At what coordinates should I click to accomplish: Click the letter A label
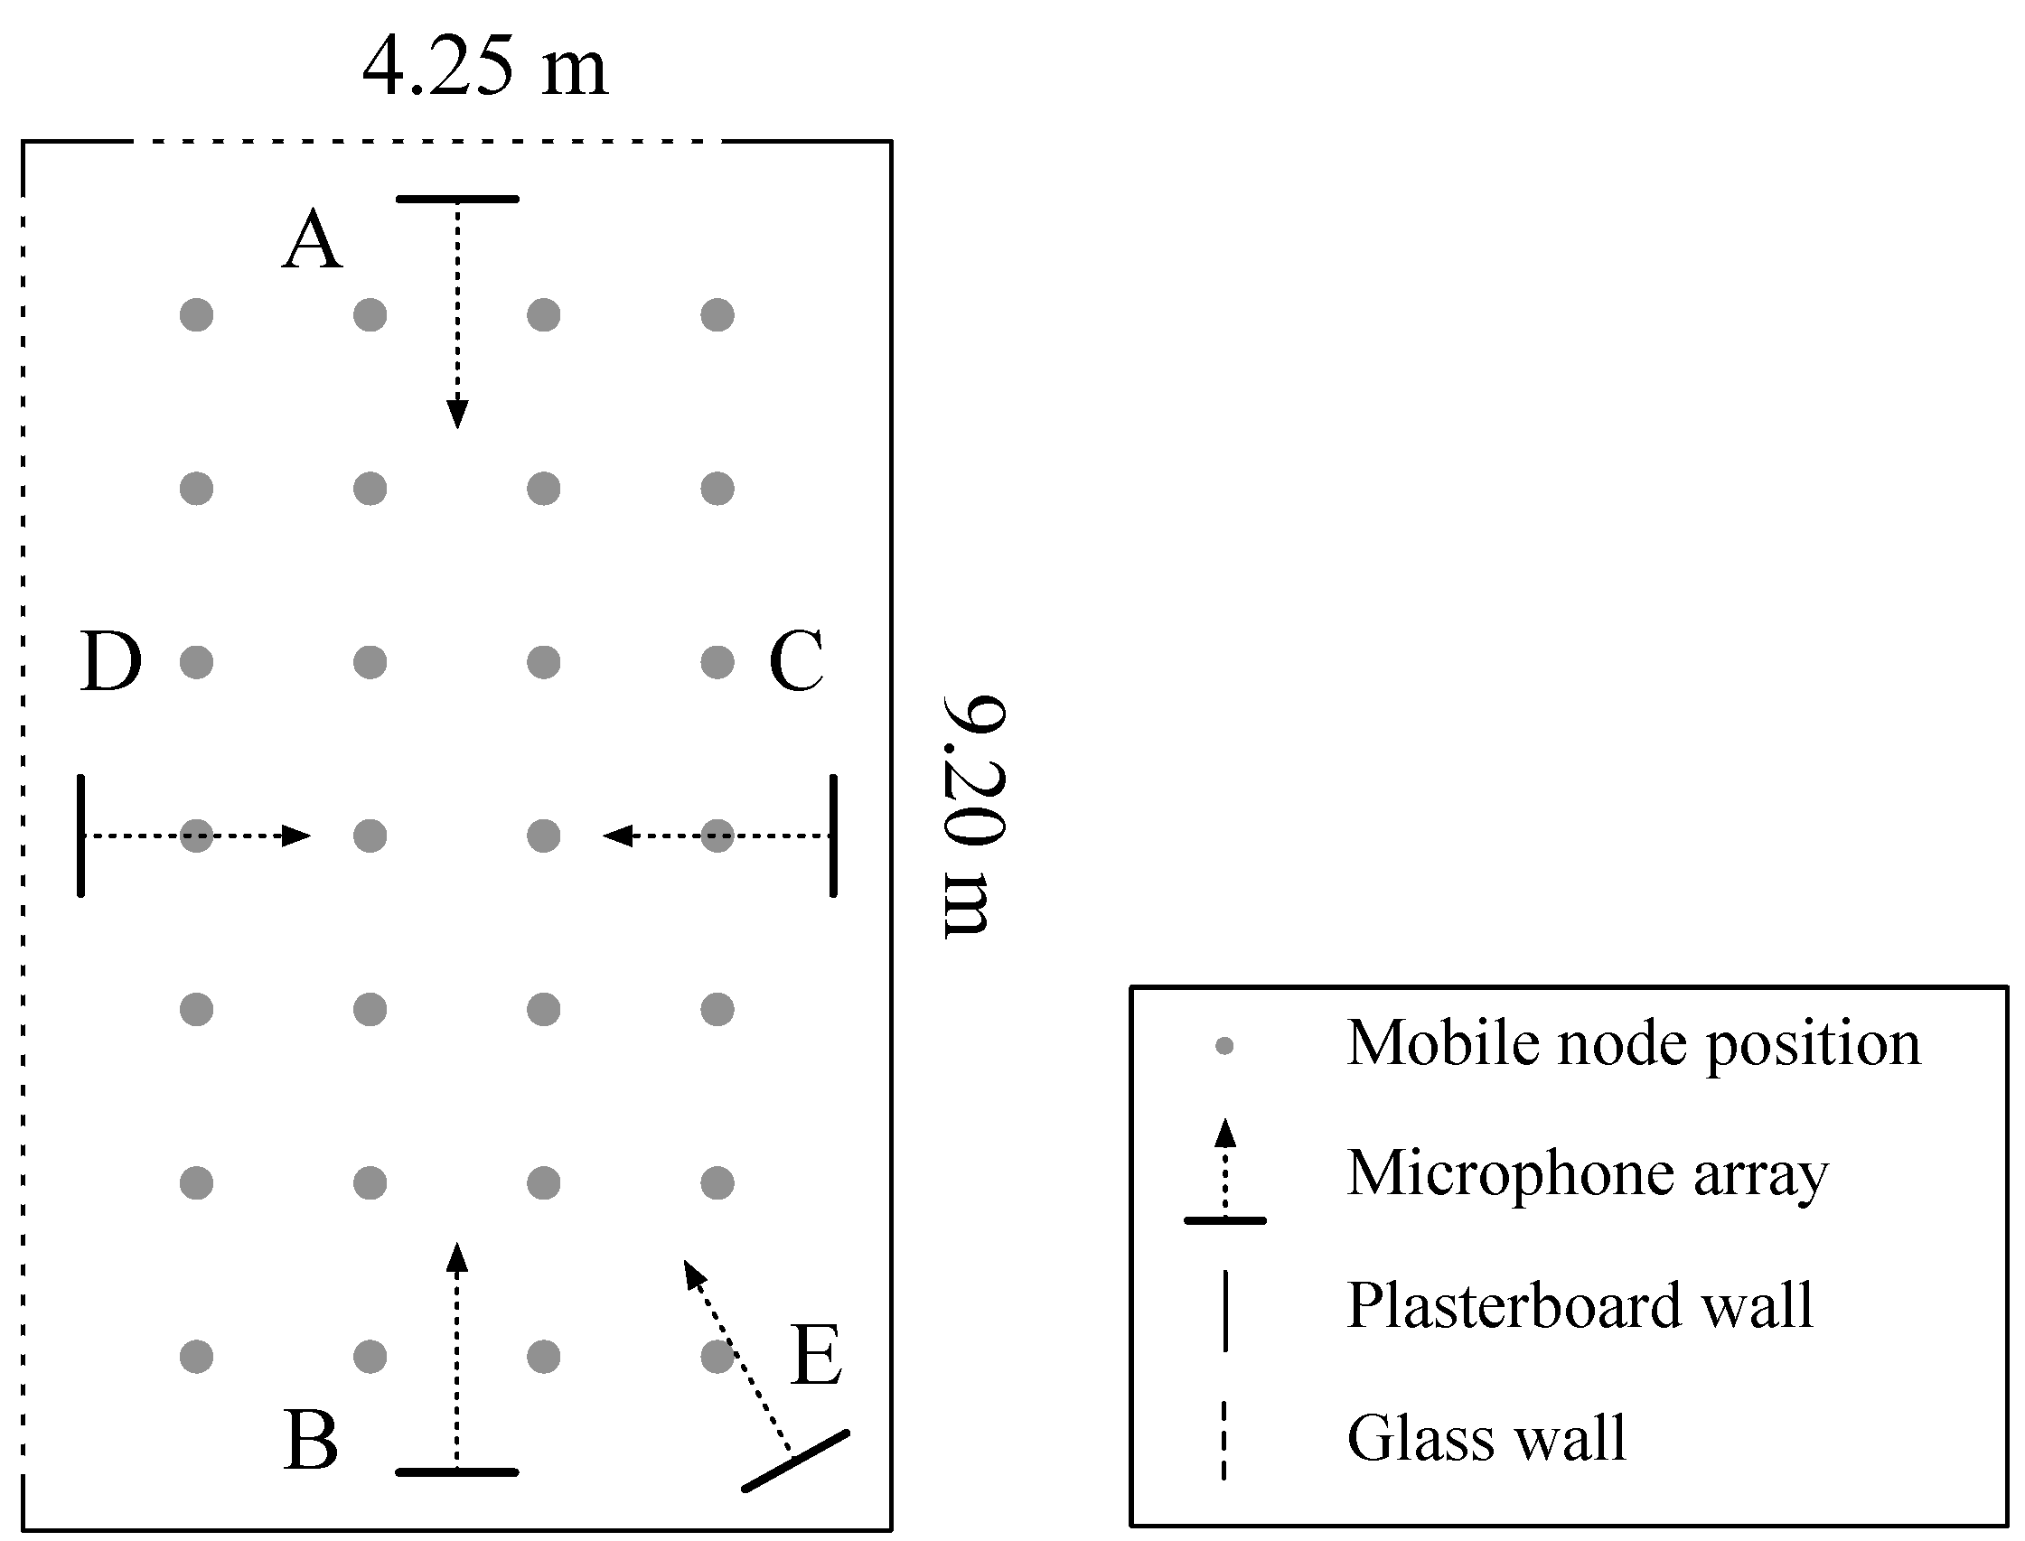(x=312, y=240)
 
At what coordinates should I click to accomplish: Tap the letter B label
(x=311, y=1440)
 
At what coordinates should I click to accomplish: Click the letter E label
(x=817, y=1355)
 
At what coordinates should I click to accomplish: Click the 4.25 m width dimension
(x=484, y=68)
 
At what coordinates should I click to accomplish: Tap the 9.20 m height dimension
(x=974, y=817)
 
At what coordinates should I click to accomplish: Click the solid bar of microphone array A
(x=457, y=199)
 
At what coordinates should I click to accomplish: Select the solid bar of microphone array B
(x=457, y=1472)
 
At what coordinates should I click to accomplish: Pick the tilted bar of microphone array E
(x=795, y=1462)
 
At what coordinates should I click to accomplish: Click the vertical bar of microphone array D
(x=81, y=836)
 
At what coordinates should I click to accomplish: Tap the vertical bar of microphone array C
(x=833, y=836)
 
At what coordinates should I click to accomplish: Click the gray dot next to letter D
(x=196, y=661)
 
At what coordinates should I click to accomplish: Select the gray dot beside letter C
(x=717, y=661)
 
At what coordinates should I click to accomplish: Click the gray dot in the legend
(x=1224, y=1046)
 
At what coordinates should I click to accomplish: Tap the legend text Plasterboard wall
(x=1580, y=1304)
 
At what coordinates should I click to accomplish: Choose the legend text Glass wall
(x=1486, y=1437)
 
